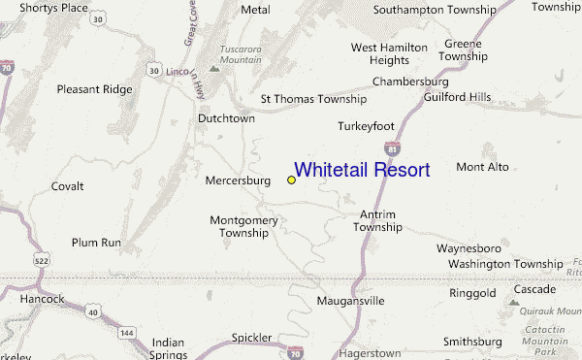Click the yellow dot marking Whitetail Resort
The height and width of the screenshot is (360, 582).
pyautogui.click(x=291, y=180)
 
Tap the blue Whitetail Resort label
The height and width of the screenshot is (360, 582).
pyautogui.click(x=362, y=170)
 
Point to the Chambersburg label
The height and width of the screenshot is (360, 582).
pyautogui.click(x=412, y=82)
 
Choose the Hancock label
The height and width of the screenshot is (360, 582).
pyautogui.click(x=41, y=299)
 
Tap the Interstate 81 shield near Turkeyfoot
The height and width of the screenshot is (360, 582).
pyautogui.click(x=392, y=147)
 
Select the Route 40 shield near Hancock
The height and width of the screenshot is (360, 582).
pyautogui.click(x=90, y=311)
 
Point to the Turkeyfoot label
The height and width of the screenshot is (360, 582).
pyautogui.click(x=367, y=126)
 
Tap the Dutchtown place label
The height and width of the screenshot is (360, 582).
pyautogui.click(x=226, y=117)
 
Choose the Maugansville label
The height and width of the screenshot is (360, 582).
pyautogui.click(x=351, y=301)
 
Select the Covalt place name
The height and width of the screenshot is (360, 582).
pyautogui.click(x=67, y=185)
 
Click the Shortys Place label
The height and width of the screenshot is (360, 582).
pyautogui.click(x=48, y=9)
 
